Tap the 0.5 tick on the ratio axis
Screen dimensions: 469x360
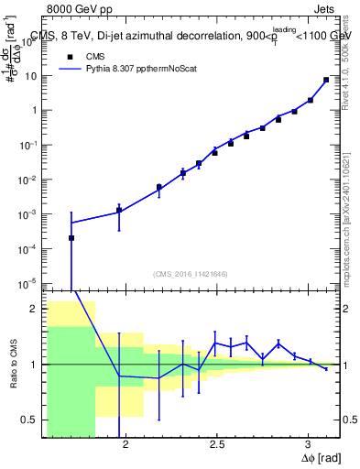[x=29, y=420]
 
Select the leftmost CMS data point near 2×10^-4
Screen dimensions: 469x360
[x=71, y=238]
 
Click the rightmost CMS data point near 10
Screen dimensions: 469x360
[x=326, y=80]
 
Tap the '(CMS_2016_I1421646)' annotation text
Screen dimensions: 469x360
[x=191, y=273]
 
